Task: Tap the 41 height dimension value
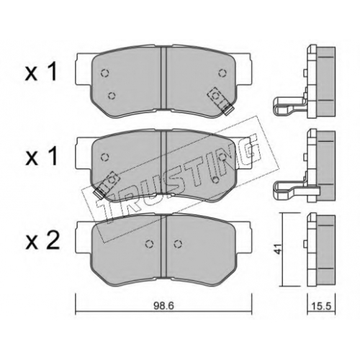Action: (279, 249)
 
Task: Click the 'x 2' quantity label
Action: (42, 240)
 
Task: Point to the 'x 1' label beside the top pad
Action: (41, 71)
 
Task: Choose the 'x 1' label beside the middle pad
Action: (41, 156)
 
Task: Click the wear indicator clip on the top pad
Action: (221, 101)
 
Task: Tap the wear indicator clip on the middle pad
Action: (107, 185)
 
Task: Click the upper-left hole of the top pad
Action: (105, 73)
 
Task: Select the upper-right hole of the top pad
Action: (222, 73)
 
